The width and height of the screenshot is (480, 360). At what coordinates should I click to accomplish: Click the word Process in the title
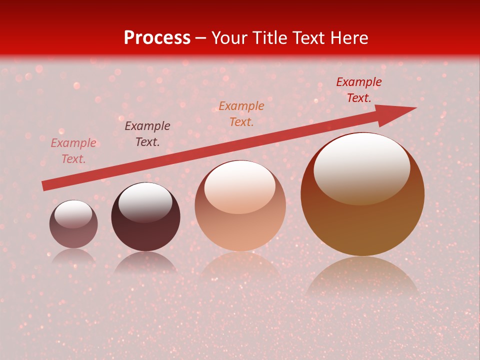pos(157,38)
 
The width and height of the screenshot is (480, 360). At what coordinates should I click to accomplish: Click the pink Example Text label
pos(73,151)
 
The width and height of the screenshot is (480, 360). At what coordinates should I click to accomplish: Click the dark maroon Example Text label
pos(147,134)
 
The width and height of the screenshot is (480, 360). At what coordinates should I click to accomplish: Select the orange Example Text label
pos(241,114)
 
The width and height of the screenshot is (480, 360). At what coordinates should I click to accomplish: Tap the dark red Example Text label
pos(359,90)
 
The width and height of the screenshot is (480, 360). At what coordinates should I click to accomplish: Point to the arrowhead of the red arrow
pos(400,112)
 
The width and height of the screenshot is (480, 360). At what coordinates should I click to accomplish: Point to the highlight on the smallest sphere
pos(73,214)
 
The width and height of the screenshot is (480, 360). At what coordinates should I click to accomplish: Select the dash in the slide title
pos(201,38)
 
